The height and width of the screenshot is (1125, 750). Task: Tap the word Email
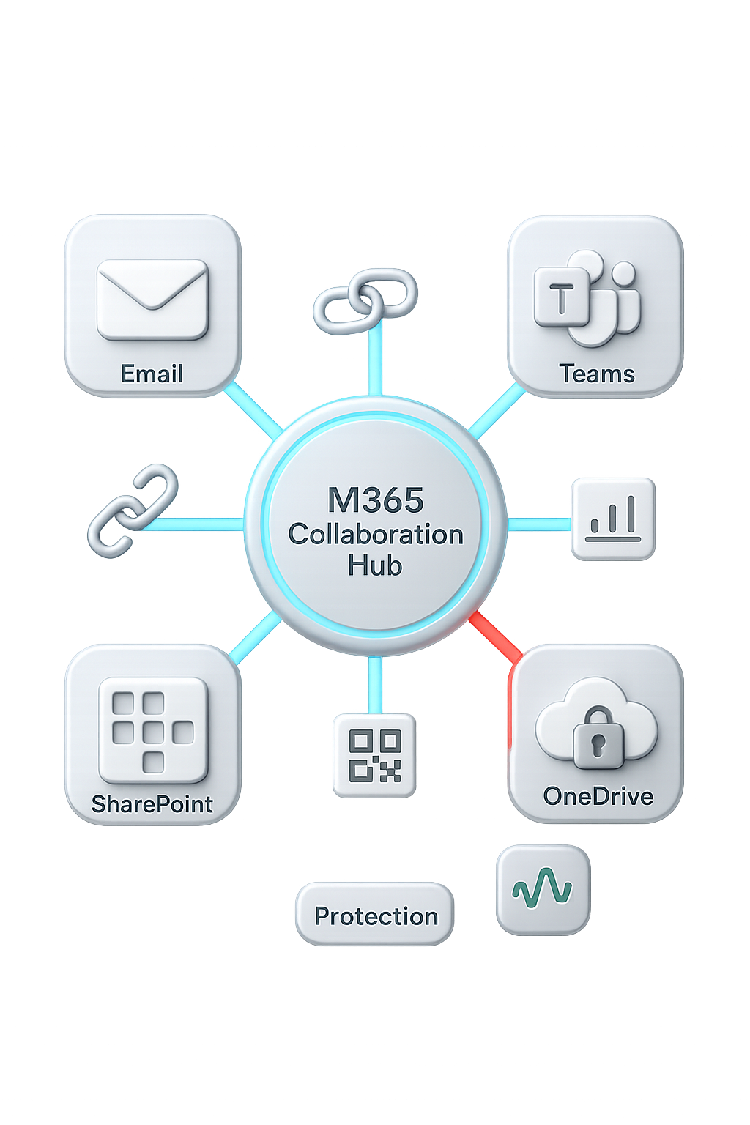(152, 374)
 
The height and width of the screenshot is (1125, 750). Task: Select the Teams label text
(597, 374)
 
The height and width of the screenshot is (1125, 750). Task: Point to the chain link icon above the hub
(365, 300)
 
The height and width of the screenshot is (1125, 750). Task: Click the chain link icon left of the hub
(133, 508)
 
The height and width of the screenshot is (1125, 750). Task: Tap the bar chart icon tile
(613, 519)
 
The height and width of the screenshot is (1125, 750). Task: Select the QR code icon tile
(374, 755)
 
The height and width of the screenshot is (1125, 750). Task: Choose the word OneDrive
(598, 796)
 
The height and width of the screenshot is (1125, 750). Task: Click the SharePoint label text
(152, 804)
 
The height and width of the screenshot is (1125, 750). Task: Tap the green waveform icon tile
(543, 889)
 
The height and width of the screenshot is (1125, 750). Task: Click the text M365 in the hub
(375, 500)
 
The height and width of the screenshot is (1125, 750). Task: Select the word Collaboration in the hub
(375, 534)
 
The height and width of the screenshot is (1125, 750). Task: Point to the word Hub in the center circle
(375, 565)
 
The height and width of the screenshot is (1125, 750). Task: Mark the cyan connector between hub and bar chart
(539, 524)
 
